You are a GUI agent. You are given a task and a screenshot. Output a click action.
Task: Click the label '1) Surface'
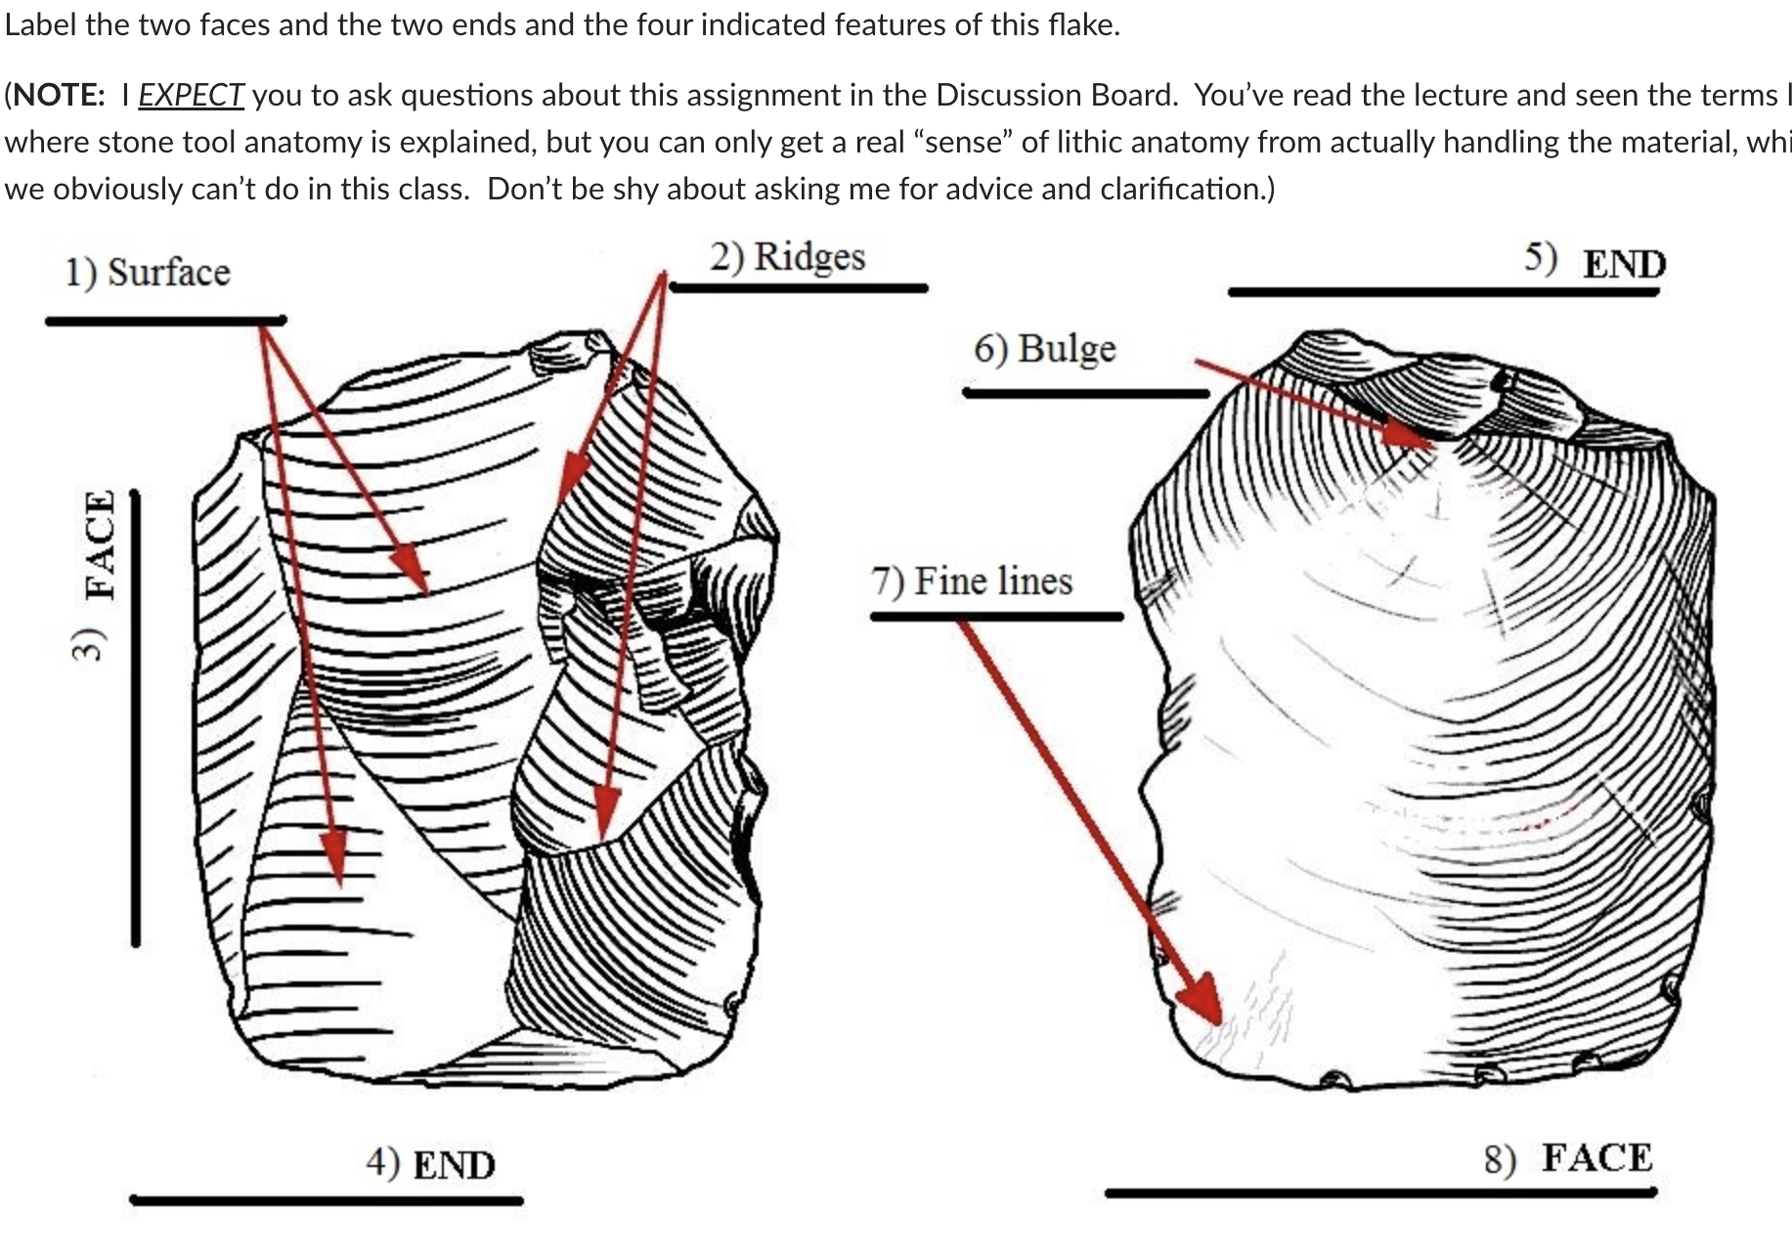pos(148,273)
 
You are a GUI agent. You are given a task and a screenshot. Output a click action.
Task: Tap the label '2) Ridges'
pos(787,257)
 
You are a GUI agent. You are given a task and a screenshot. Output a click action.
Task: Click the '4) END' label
pos(430,1164)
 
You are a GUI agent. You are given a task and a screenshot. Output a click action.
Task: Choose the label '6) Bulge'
pos(1044,349)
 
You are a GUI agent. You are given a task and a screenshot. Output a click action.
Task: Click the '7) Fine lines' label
pos(972,582)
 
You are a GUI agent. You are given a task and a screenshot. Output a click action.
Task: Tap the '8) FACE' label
pos(1568,1158)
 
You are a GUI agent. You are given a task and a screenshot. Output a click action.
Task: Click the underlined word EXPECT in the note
pos(191,95)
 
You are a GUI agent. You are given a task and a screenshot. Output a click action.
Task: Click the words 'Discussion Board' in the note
pos(1054,95)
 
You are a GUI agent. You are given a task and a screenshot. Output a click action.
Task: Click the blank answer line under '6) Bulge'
pos(1085,394)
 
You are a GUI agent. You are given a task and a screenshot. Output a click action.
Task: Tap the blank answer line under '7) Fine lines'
pos(996,617)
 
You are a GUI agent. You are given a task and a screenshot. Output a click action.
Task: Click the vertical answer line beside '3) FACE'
pos(136,718)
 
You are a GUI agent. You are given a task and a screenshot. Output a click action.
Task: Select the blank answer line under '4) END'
pos(326,1200)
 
